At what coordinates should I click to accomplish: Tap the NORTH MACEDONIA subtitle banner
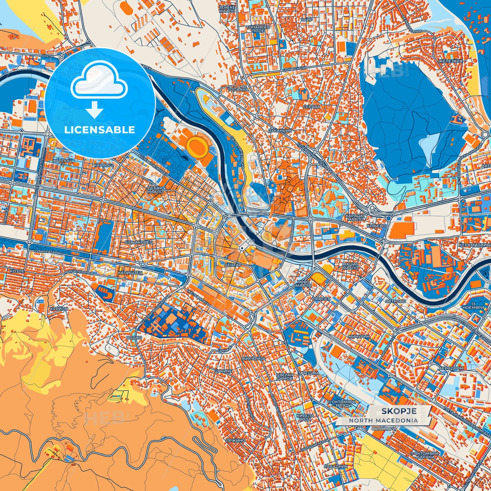click(x=384, y=420)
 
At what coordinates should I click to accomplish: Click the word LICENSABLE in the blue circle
click(x=100, y=130)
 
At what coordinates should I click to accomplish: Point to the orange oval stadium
click(x=197, y=146)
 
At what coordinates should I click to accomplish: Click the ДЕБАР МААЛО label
click(x=155, y=190)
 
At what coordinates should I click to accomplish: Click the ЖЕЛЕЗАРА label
click(x=450, y=61)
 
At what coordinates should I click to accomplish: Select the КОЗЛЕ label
click(x=17, y=271)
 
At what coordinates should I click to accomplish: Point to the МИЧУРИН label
click(x=359, y=336)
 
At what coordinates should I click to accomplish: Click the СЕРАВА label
click(x=312, y=106)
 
